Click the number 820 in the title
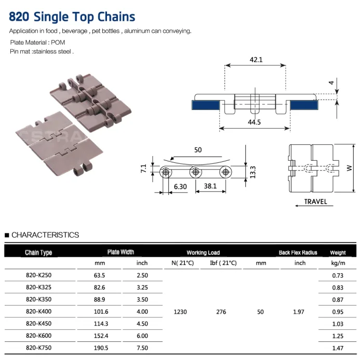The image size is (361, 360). pyautogui.click(x=19, y=17)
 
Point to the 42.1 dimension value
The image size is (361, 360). pyautogui.click(x=256, y=60)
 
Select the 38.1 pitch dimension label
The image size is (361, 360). pyautogui.click(x=210, y=185)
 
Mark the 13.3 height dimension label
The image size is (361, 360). pyautogui.click(x=252, y=172)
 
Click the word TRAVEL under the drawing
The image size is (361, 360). pyautogui.click(x=316, y=201)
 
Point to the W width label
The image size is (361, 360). pyautogui.click(x=349, y=168)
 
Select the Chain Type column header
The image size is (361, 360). pyautogui.click(x=38, y=253)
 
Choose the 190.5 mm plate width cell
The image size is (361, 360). pyautogui.click(x=98, y=348)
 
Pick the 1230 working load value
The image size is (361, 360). pyautogui.click(x=180, y=312)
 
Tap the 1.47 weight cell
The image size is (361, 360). pyautogui.click(x=338, y=348)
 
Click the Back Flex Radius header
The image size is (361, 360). pyautogui.click(x=298, y=253)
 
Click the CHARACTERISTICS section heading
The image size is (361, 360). pyautogui.click(x=45, y=235)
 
